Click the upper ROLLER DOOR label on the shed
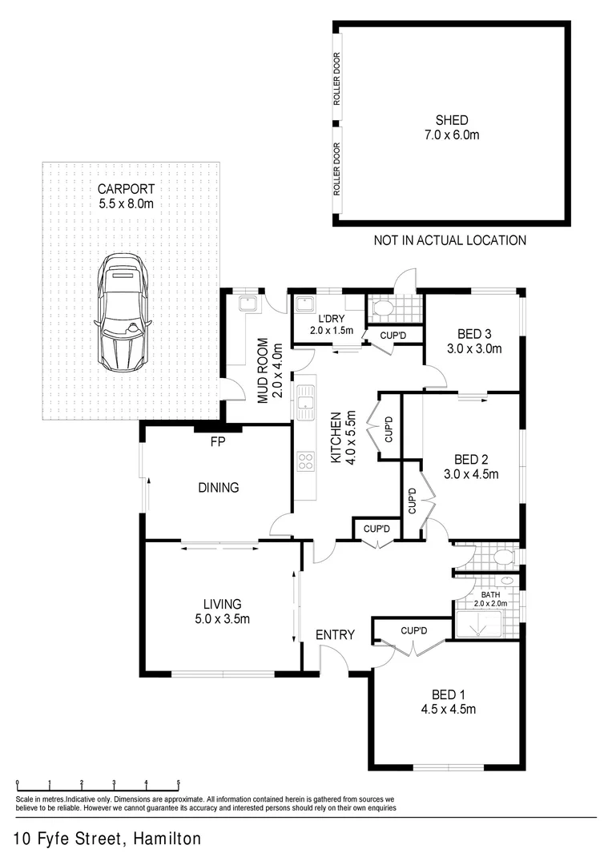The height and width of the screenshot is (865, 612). [337, 79]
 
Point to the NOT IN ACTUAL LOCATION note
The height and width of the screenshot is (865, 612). [450, 240]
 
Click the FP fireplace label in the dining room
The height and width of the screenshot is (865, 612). [216, 442]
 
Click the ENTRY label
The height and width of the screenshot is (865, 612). [335, 635]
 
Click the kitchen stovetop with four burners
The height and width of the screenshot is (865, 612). [305, 461]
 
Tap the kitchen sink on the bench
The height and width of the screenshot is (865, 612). [304, 402]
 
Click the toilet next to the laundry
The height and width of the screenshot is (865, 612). [383, 308]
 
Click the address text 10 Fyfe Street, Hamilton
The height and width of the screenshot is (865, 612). [107, 839]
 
